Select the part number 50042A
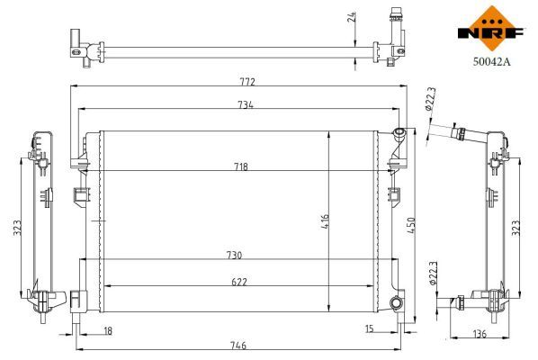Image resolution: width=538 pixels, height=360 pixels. click(493, 64)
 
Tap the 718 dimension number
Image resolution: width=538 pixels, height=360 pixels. click(241, 167)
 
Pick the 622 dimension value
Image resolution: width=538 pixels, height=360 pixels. click(239, 282)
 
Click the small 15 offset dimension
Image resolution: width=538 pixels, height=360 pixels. click(370, 330)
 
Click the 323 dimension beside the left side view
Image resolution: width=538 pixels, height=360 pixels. click(17, 229)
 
